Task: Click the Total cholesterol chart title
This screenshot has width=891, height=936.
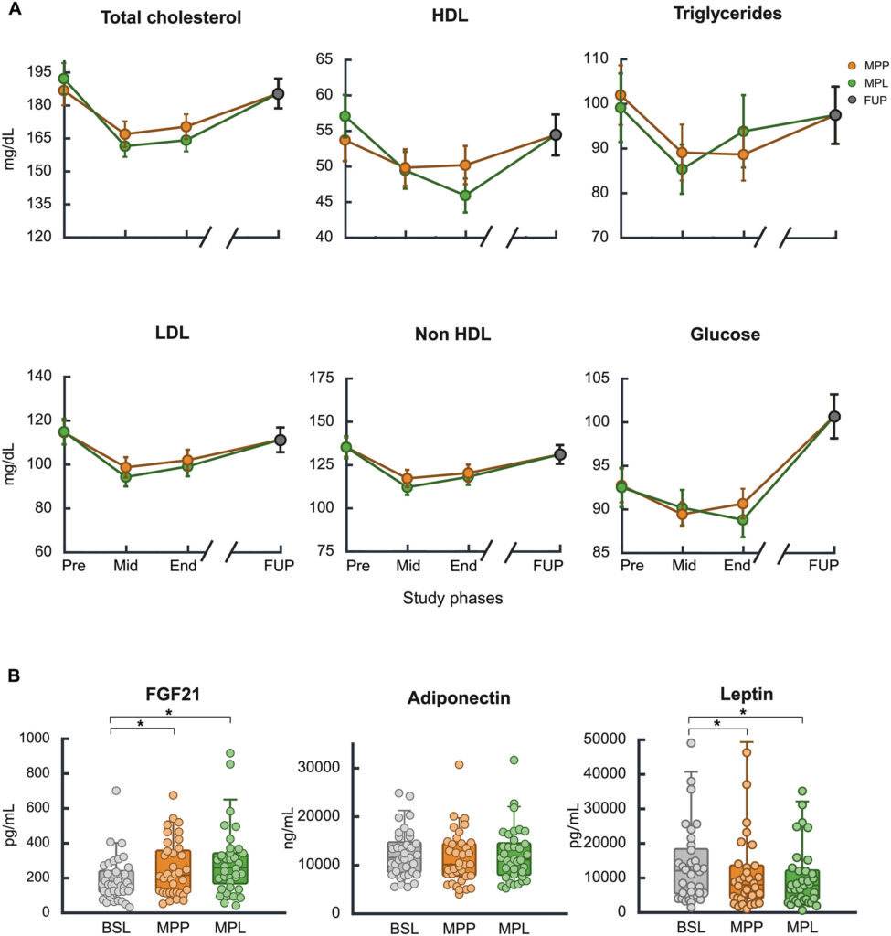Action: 172,18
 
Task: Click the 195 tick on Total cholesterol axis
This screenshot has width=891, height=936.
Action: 38,71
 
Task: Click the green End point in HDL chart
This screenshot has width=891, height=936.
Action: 465,195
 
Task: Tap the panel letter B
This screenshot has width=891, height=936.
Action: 14,677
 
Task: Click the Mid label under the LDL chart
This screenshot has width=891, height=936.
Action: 126,567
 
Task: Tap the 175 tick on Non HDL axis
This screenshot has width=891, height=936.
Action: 321,376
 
